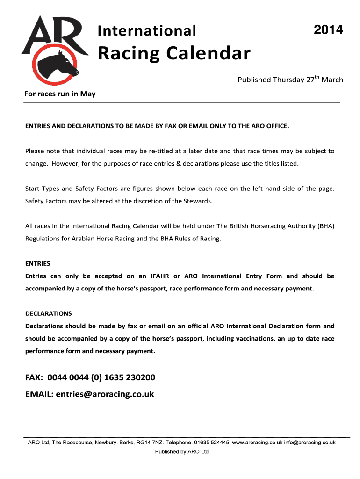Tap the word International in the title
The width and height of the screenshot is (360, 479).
(147, 31)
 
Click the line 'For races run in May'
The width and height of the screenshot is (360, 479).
(60, 94)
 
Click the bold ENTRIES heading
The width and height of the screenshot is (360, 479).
(37, 263)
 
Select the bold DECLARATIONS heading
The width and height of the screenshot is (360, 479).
(48, 313)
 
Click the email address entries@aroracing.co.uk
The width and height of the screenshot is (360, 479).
(105, 394)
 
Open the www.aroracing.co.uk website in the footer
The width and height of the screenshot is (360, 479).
(257, 442)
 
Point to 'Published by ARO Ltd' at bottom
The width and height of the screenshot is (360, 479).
(182, 451)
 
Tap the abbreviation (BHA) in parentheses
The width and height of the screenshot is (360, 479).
(326, 226)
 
